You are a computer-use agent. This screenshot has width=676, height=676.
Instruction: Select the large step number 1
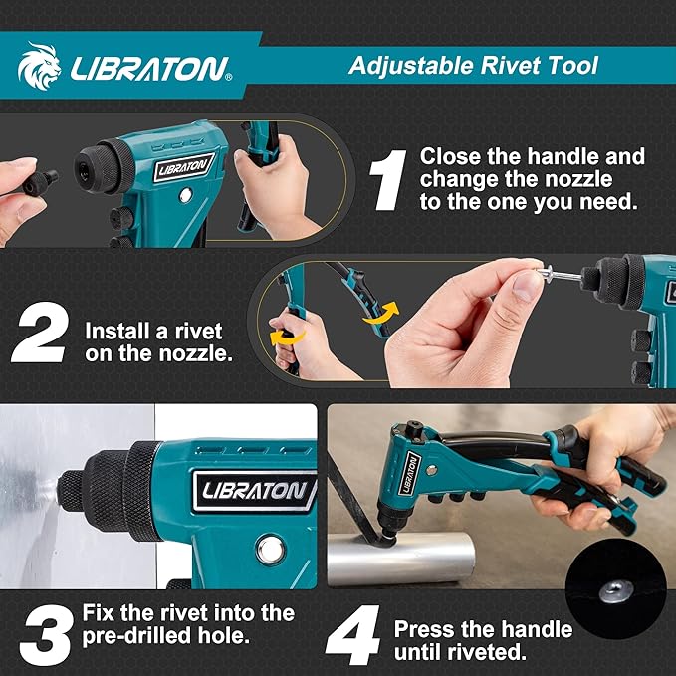pos(387,180)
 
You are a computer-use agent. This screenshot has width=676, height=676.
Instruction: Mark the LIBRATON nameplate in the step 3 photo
pos(257,489)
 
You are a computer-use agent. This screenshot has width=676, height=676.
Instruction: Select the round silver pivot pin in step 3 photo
pos(269,549)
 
